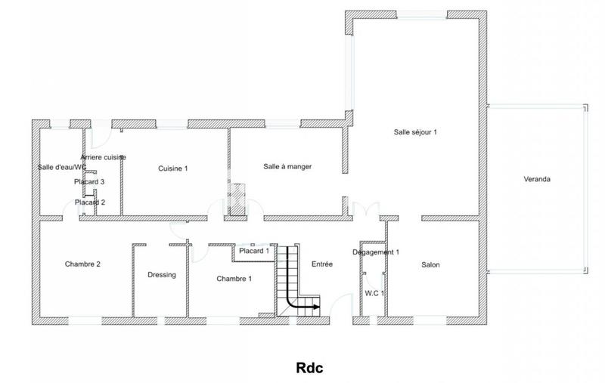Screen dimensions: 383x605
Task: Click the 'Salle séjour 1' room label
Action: (x=415, y=132)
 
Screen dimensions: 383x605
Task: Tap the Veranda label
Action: (x=537, y=180)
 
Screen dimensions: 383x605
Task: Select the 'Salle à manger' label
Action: (x=287, y=166)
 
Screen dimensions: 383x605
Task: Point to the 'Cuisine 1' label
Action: (x=172, y=168)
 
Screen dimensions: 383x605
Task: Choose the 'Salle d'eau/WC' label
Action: (x=62, y=167)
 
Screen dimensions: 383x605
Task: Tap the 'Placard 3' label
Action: (x=89, y=182)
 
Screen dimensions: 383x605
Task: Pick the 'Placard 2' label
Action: (x=89, y=202)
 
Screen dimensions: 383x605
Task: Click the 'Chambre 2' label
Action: (x=83, y=264)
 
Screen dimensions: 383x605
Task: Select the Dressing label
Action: (x=162, y=275)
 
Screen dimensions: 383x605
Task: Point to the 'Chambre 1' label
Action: (x=234, y=279)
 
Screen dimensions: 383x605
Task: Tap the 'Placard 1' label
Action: (x=254, y=252)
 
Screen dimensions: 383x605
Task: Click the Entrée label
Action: (x=322, y=264)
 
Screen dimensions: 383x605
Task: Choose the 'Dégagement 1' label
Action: (x=376, y=252)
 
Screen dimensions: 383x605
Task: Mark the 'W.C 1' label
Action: (x=374, y=293)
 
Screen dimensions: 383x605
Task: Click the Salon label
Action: (x=430, y=264)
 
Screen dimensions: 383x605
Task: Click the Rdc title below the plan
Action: (x=309, y=369)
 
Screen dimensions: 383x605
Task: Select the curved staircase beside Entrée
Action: (x=291, y=283)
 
